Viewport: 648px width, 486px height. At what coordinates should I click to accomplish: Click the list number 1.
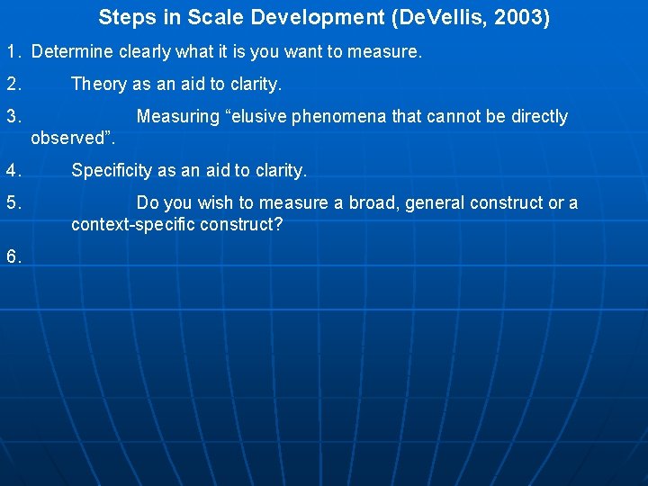tap(13, 52)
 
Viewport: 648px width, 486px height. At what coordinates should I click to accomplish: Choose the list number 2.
tap(13, 85)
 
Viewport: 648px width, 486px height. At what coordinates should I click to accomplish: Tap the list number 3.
tap(13, 117)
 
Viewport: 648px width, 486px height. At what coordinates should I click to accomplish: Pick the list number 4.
tap(13, 170)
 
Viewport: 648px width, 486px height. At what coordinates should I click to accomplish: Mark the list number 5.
tap(13, 203)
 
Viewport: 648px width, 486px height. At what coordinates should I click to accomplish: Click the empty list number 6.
tap(13, 256)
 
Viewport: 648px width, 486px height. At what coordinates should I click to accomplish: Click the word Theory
tap(99, 85)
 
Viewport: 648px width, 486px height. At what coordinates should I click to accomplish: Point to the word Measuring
tap(177, 117)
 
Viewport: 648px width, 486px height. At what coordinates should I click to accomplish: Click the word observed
tap(69, 138)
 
